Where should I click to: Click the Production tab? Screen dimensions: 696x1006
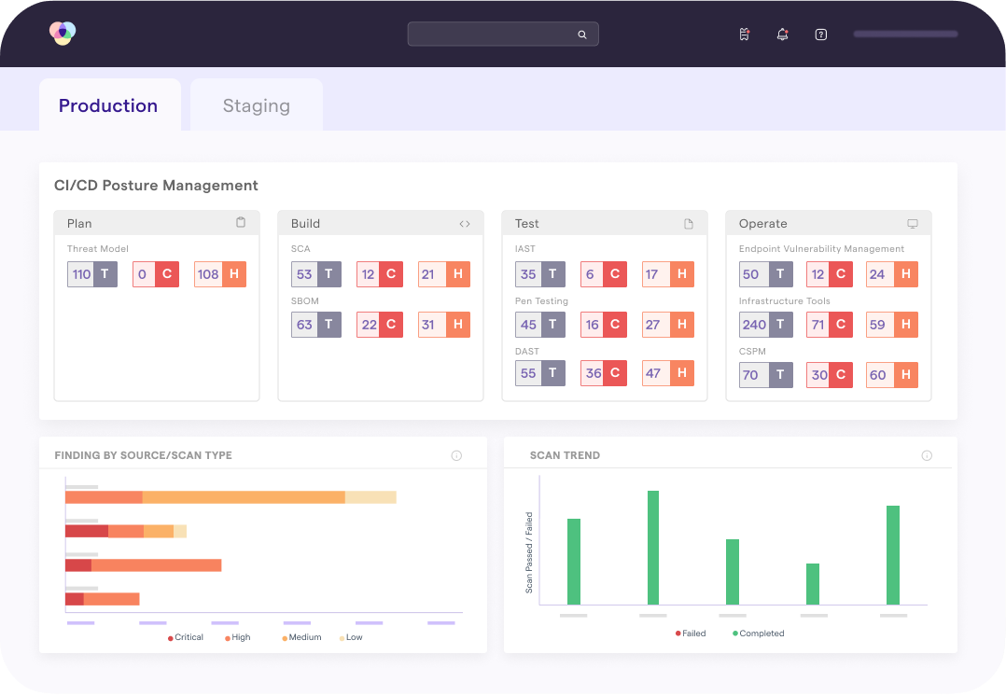pyautogui.click(x=108, y=105)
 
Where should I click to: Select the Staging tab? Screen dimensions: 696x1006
pyautogui.click(x=256, y=105)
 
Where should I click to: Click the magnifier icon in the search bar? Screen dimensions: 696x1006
pyautogui.click(x=582, y=35)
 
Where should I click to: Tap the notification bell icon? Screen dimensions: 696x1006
pyautogui.click(x=782, y=35)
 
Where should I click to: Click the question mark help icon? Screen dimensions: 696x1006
pyautogui.click(x=821, y=35)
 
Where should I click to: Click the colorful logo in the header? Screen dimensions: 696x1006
pyautogui.click(x=63, y=34)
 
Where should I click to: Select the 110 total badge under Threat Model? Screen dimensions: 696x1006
pyautogui.click(x=92, y=274)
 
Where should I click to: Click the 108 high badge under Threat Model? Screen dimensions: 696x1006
pyautogui.click(x=219, y=274)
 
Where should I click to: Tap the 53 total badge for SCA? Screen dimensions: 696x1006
pyautogui.click(x=316, y=274)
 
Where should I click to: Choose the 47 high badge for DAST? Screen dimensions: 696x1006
pyautogui.click(x=667, y=373)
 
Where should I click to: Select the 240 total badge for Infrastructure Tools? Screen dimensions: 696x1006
pyautogui.click(x=766, y=325)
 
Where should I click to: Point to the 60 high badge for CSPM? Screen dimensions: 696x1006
pyautogui.click(x=891, y=375)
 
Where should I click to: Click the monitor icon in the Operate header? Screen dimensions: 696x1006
pyautogui.click(x=913, y=224)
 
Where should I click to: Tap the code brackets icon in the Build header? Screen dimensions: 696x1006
pyautogui.click(x=465, y=224)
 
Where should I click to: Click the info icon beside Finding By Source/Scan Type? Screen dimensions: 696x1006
pyautogui.click(x=456, y=456)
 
